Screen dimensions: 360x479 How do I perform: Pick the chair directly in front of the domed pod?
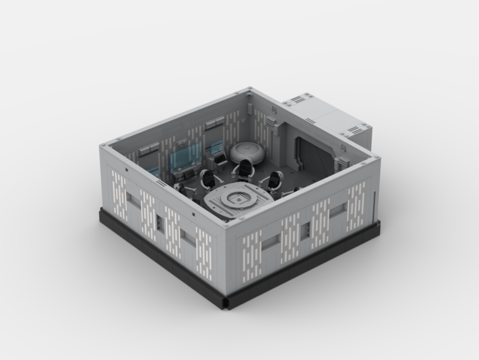click(245, 169)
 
